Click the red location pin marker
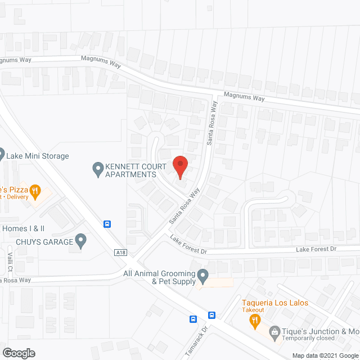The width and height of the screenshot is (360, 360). (x=180, y=167)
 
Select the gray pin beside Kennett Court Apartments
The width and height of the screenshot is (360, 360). (x=97, y=168)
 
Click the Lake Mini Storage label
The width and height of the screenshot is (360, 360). (x=38, y=156)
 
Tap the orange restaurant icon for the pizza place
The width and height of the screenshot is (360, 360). (x=35, y=191)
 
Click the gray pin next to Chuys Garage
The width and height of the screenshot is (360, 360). (x=81, y=241)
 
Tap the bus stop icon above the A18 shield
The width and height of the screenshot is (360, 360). (x=107, y=224)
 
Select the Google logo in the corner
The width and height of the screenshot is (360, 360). (x=19, y=353)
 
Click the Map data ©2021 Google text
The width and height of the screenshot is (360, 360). (x=324, y=355)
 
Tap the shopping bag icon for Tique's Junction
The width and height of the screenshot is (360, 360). (x=274, y=331)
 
